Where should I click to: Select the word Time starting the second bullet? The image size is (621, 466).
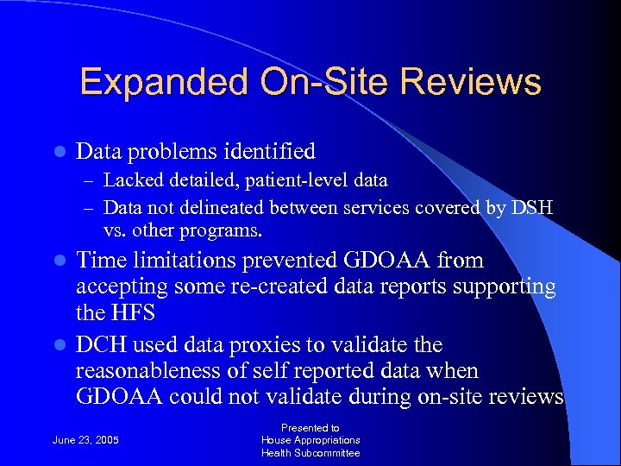click(100, 261)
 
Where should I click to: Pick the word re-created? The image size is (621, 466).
click(279, 287)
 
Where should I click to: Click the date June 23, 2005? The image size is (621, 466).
click(86, 440)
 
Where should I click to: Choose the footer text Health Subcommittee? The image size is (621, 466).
click(310, 453)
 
